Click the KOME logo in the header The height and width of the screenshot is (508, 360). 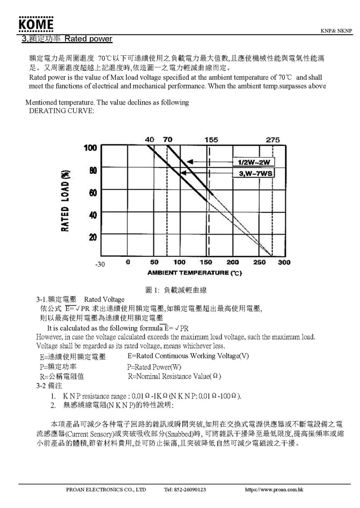tap(36, 25)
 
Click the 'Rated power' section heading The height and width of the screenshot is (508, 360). tap(88, 39)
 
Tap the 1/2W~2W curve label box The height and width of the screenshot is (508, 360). tap(254, 162)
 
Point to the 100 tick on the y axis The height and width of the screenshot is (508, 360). tap(90, 148)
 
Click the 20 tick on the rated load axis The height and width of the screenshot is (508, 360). tap(92, 236)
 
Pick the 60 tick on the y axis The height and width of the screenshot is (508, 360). tap(92, 192)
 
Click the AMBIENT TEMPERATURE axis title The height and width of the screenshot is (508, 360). tap(194, 273)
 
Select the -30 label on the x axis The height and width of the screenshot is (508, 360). tap(100, 265)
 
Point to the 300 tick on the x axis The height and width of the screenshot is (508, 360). tap(284, 262)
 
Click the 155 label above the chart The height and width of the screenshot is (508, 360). tap(211, 140)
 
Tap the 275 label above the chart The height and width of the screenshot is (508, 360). tap(272, 140)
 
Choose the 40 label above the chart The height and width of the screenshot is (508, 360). tap(150, 140)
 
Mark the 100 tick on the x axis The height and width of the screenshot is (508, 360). tap(179, 262)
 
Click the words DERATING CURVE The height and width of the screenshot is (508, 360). tap(58, 111)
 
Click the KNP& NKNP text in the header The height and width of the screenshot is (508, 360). tap(335, 30)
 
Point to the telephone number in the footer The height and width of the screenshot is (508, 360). tap(185, 490)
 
